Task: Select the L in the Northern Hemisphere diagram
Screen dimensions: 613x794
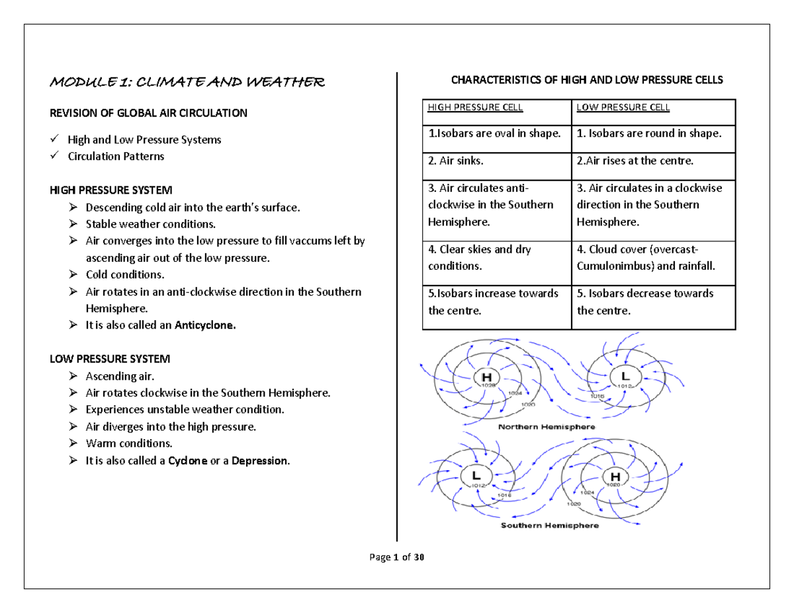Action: [x=624, y=376]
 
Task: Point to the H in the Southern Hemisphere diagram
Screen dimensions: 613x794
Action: [x=616, y=475]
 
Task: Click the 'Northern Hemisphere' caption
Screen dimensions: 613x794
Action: [x=546, y=427]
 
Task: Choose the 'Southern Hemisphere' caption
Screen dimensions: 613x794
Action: [x=549, y=526]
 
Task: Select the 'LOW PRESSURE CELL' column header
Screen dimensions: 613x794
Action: [x=623, y=107]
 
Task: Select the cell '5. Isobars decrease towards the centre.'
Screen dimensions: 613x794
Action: [x=645, y=302]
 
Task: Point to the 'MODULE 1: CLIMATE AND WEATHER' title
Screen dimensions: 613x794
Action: [x=187, y=83]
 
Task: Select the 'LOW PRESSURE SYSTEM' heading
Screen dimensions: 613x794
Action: [x=110, y=359]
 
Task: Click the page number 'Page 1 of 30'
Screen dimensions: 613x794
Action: [x=396, y=557]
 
